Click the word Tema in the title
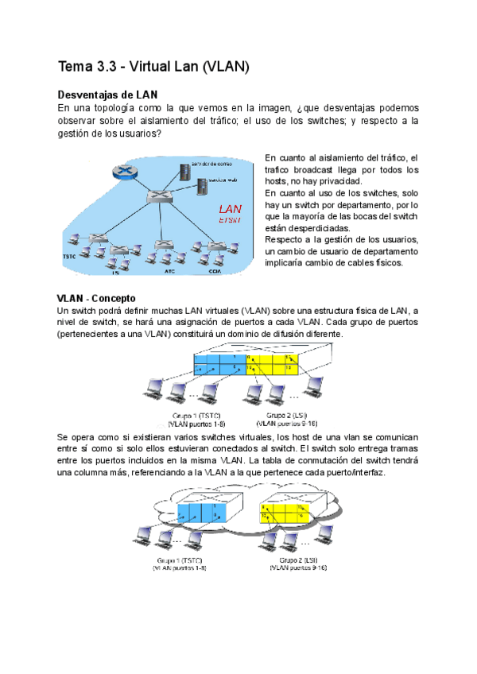pyautogui.click(x=78, y=67)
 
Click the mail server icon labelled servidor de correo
pyautogui.click(x=187, y=169)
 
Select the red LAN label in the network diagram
pyautogui.click(x=231, y=210)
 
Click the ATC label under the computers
pyautogui.click(x=169, y=271)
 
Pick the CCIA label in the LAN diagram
pyautogui.click(x=215, y=271)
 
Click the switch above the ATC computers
pyautogui.click(x=164, y=243)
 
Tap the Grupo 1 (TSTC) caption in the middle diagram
pyautogui.click(x=196, y=416)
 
